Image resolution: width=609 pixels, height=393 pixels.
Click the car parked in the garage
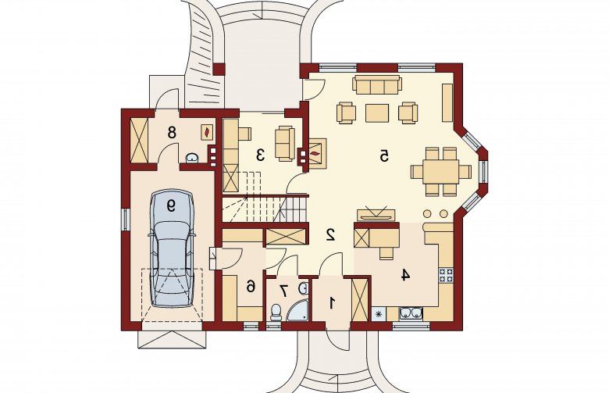(171, 248)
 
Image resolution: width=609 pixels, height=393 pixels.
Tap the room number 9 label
(171, 205)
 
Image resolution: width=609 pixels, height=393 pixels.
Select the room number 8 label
(172, 133)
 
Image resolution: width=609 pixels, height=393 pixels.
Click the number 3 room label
(260, 155)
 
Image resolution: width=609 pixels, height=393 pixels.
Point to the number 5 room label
(384, 155)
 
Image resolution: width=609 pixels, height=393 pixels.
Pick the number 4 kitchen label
(405, 275)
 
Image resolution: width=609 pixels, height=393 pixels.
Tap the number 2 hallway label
(330, 234)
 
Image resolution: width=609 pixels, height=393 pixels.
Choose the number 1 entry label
(332, 303)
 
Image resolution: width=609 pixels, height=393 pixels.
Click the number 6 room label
(251, 287)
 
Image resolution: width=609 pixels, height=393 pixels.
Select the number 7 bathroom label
(284, 290)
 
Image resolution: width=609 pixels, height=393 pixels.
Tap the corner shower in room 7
(298, 311)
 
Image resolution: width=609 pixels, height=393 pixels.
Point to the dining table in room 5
(441, 171)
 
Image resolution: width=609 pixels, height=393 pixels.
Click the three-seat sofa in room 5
(377, 84)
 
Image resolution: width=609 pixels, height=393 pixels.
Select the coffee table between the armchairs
(377, 113)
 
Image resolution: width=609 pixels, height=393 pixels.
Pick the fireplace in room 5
(317, 154)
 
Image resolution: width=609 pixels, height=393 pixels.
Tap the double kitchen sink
(411, 313)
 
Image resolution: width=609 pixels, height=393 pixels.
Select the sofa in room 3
(284, 144)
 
